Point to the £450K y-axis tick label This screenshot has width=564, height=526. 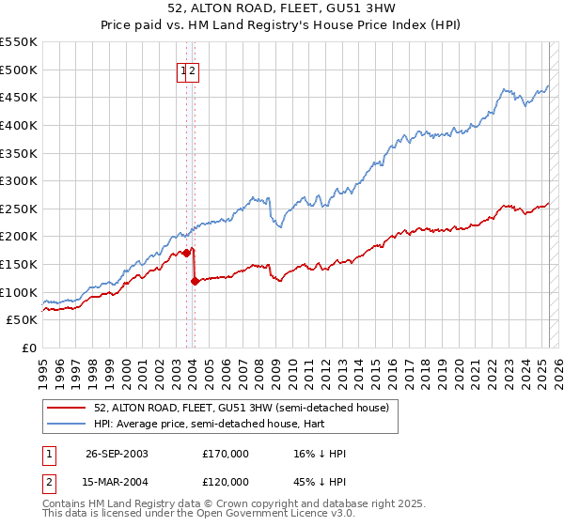tap(18, 97)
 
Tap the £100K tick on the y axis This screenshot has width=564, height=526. tap(18, 292)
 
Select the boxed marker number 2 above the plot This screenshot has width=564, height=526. tap(192, 70)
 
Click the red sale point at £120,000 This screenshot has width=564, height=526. tap(195, 281)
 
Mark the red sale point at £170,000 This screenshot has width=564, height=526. tap(187, 252)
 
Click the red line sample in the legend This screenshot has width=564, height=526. tap(68, 407)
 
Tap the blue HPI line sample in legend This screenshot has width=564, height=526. tap(68, 425)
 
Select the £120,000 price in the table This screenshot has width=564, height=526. tap(226, 482)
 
